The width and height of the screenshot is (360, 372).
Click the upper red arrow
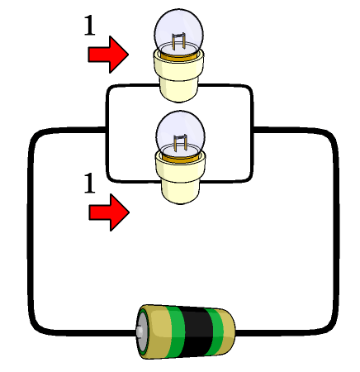coord(108,55)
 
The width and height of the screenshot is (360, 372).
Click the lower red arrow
coord(109,212)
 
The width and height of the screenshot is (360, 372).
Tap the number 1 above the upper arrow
coord(89,25)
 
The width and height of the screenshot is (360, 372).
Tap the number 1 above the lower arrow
coord(89,183)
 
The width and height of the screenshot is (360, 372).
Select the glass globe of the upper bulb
coord(179,31)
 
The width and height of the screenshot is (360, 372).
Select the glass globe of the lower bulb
coord(180,132)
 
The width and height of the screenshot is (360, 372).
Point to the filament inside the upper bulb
coord(178,41)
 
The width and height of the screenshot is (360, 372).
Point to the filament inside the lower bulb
coord(180,143)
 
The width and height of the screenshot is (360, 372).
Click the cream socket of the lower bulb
coord(180,179)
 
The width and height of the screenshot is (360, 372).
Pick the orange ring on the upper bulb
coord(179,57)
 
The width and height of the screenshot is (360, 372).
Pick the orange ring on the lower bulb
coord(181,159)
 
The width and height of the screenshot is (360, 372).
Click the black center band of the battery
coord(196,331)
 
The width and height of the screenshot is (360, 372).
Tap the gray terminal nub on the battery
coord(140,331)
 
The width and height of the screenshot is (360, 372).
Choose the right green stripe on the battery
coord(216,331)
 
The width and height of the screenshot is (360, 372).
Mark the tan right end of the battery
coord(229,331)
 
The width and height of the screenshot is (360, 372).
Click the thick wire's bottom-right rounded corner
coord(330,327)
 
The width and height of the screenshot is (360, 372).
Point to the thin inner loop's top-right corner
coord(249,88)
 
